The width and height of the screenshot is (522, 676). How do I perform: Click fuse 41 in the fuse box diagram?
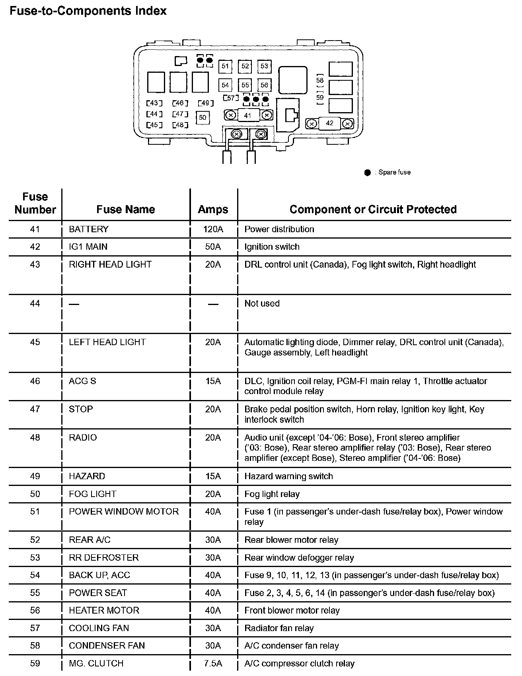click(248, 115)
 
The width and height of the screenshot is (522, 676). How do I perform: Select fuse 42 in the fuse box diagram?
click(329, 123)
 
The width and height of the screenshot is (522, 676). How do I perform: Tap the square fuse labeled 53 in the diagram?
click(264, 66)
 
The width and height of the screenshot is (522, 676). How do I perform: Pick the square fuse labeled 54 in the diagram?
click(225, 85)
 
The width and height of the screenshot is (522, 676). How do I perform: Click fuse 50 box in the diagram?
click(203, 117)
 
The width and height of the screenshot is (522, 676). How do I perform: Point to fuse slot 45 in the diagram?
click(154, 125)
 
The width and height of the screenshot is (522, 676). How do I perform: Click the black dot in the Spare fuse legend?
click(367, 173)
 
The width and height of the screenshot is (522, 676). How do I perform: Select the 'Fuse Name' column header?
click(126, 209)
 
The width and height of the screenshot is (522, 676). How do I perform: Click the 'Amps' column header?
click(213, 209)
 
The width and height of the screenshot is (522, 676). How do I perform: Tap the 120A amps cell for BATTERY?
click(213, 229)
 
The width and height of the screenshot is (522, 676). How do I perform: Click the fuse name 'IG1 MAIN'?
click(88, 247)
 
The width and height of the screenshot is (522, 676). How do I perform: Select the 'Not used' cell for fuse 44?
click(262, 303)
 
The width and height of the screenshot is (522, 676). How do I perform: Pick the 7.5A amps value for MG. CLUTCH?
click(213, 663)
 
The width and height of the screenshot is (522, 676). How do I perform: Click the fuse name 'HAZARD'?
click(87, 476)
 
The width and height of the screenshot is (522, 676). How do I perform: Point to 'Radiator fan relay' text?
click(279, 628)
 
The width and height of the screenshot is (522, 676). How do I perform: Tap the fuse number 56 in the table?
click(35, 610)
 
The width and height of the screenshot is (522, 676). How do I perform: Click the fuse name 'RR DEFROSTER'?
click(104, 558)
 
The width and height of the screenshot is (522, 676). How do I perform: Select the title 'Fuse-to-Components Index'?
click(88, 11)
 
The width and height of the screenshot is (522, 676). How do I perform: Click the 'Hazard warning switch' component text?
click(288, 476)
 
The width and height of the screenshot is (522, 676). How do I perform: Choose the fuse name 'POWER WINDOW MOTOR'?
click(124, 511)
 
